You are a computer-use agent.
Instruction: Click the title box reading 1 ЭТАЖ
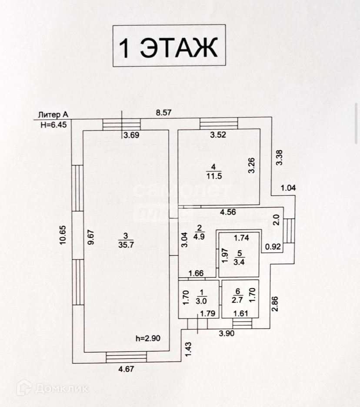point(169,46)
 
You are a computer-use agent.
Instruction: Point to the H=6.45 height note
point(53,124)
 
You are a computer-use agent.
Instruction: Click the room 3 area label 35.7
point(123,244)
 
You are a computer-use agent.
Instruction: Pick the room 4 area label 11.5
point(213,175)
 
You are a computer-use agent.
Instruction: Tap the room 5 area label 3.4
point(239,262)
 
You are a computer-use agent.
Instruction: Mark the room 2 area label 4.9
point(200,236)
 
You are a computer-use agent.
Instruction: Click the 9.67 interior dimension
point(91,237)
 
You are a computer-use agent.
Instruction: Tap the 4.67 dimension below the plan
point(127,369)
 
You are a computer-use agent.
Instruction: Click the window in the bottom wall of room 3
point(127,357)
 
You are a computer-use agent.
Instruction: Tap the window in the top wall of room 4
point(219,124)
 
